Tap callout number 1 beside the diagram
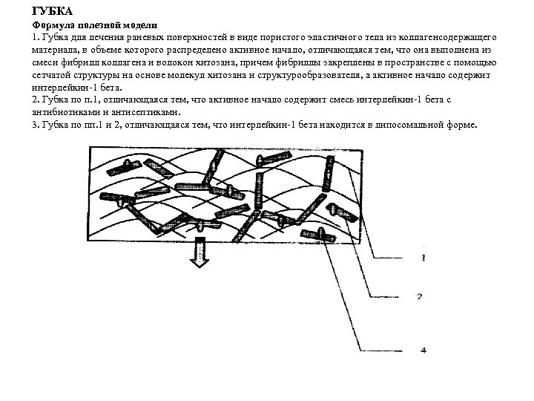pyautogui.click(x=423, y=259)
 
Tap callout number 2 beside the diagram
pyautogui.click(x=419, y=296)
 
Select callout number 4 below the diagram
pyautogui.click(x=423, y=350)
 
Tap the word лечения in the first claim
pyautogui.click(x=89, y=36)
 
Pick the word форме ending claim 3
pyautogui.click(x=464, y=125)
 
